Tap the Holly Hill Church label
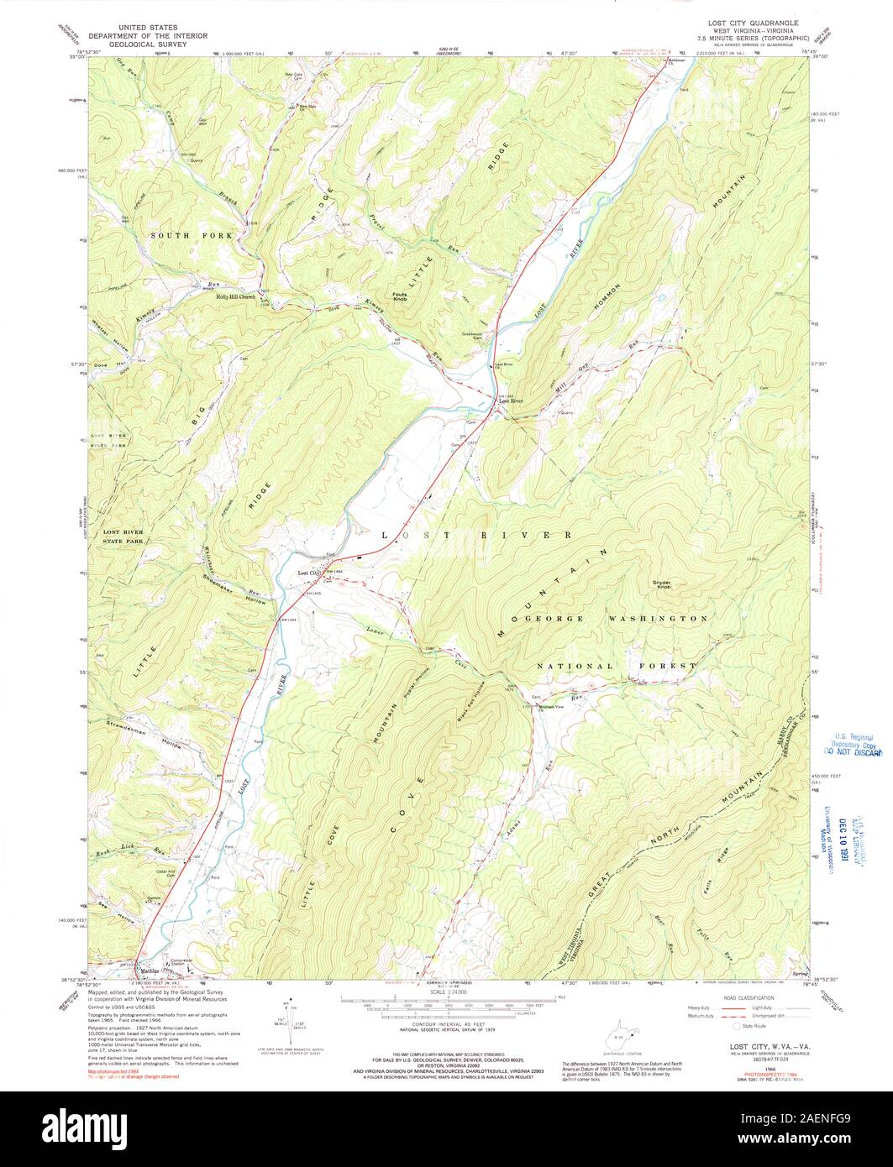[235, 296]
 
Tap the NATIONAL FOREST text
[617, 666]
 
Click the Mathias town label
[149, 971]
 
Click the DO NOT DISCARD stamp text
[852, 753]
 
